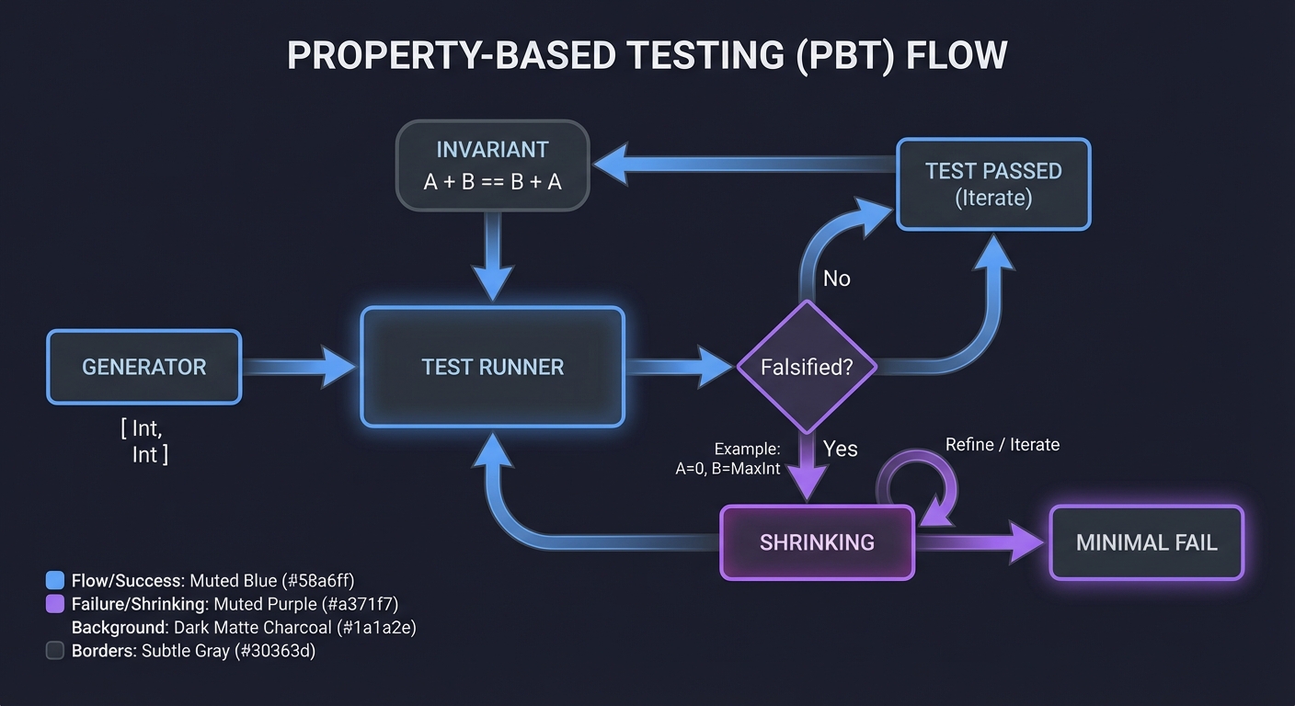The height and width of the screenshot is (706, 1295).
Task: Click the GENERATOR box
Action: click(x=143, y=367)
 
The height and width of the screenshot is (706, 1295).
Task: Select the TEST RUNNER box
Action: click(x=492, y=367)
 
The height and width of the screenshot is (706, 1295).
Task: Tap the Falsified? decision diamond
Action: click(x=807, y=367)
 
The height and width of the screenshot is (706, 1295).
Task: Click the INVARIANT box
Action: click(x=492, y=165)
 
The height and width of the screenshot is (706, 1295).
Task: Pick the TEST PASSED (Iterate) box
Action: click(x=993, y=184)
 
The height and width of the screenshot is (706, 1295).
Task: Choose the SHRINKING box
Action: click(x=817, y=542)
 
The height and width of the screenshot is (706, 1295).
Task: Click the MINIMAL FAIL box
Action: click(x=1146, y=542)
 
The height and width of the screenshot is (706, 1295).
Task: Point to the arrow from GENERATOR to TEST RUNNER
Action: click(x=299, y=367)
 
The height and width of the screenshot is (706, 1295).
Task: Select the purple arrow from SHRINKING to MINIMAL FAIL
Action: click(x=980, y=542)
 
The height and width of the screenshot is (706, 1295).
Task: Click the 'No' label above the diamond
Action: click(x=836, y=279)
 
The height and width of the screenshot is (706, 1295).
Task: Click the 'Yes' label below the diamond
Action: click(x=840, y=449)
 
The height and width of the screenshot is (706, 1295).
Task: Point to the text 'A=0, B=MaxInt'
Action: click(x=728, y=468)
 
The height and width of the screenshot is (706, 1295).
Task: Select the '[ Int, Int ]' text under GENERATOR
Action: click(x=144, y=441)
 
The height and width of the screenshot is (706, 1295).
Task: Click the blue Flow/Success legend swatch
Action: click(x=55, y=580)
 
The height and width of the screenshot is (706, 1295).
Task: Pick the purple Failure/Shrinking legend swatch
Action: click(x=55, y=604)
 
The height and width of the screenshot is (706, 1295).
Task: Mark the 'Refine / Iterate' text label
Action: click(x=1003, y=445)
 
